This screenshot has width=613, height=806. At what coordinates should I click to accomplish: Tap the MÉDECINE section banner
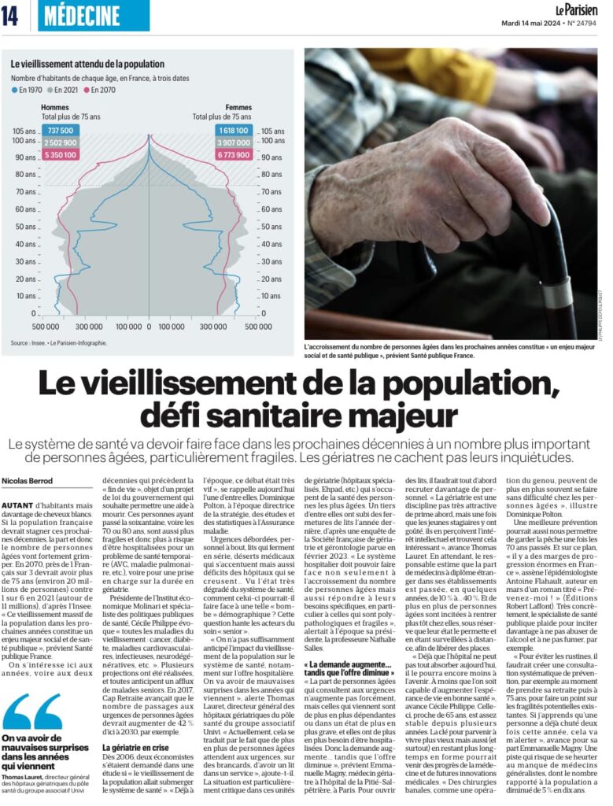pyautogui.click(x=93, y=16)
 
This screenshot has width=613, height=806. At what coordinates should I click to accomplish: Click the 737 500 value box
pyautogui.click(x=60, y=131)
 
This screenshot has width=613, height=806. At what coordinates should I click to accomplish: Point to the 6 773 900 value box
pyautogui.click(x=234, y=155)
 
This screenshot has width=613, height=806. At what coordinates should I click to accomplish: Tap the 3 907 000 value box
pyautogui.click(x=234, y=142)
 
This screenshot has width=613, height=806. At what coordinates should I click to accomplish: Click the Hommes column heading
pyautogui.click(x=54, y=107)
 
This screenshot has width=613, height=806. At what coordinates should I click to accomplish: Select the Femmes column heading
pyautogui.click(x=239, y=107)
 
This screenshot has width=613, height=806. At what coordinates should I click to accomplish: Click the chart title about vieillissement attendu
pyautogui.click(x=87, y=64)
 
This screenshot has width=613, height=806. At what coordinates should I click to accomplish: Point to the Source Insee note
pyautogui.click(x=58, y=343)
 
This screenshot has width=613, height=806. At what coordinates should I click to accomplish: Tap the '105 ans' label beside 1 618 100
pyautogui.click(x=272, y=131)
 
